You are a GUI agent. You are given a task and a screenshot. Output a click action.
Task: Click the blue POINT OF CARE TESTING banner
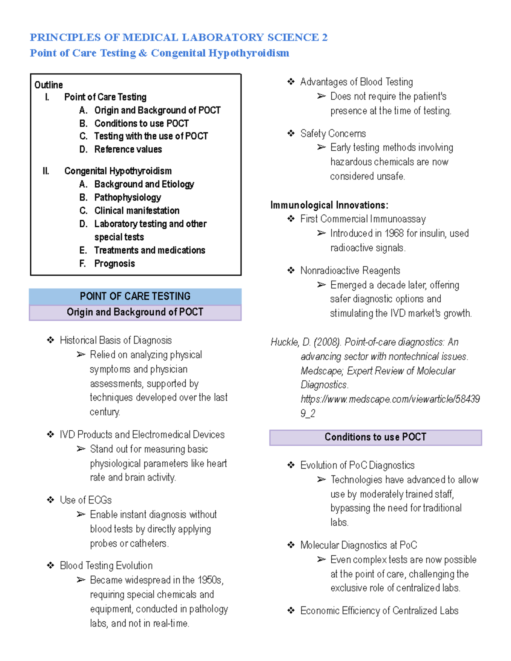135,296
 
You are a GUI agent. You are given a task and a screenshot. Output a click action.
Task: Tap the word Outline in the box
49,85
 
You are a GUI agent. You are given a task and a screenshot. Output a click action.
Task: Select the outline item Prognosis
115,263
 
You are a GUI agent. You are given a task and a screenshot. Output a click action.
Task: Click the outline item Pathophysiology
128,197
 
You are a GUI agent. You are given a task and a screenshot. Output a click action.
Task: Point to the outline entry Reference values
128,149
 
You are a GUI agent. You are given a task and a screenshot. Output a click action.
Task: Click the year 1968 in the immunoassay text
394,234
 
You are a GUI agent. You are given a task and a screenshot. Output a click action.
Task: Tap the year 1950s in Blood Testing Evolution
210,580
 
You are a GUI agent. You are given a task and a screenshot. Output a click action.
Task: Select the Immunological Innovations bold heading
329,205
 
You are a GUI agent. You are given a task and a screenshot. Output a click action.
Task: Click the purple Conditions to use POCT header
375,437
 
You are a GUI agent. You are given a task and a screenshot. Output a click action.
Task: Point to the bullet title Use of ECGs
86,500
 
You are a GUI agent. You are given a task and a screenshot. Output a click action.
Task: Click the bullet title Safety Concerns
333,134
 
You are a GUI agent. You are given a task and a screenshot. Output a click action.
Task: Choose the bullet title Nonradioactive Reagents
350,271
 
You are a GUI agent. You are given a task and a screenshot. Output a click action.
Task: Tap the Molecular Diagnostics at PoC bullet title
359,545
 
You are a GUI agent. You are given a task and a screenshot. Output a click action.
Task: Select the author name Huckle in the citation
284,342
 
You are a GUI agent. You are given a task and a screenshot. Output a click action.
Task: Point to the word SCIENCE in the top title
293,37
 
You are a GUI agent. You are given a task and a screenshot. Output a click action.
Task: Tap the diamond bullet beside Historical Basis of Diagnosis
51,340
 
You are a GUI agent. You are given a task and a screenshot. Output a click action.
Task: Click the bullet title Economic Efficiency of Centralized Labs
379,611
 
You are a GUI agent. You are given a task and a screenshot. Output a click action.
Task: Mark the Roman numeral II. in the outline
46,171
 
